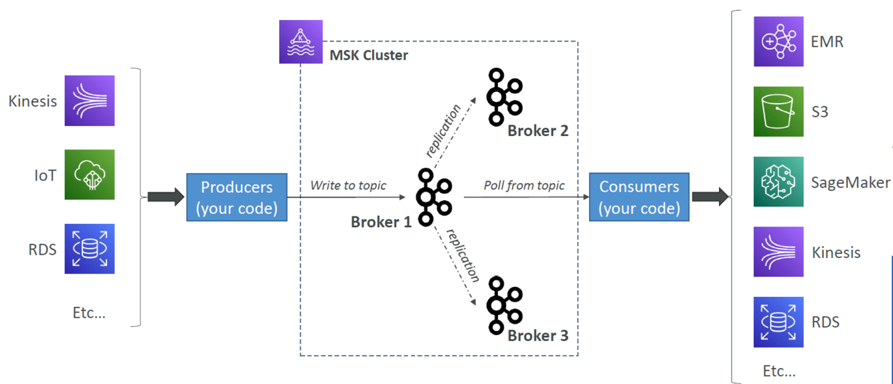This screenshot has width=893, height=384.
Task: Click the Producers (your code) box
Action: [236, 198]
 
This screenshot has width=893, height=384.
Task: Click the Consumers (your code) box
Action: [639, 197]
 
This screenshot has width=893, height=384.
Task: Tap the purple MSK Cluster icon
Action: [301, 42]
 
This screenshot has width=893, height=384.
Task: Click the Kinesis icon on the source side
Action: [90, 101]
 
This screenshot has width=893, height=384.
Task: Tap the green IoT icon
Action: [90, 175]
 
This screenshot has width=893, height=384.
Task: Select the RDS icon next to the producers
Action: [90, 249]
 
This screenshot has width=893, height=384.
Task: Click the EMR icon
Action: [779, 42]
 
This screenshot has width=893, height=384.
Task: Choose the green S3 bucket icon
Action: [779, 111]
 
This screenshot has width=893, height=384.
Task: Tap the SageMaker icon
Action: [779, 182]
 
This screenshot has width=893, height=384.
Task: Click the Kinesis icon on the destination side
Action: [779, 252]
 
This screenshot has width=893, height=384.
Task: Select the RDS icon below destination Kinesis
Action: [779, 322]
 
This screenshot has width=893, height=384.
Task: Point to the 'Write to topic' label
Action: [348, 186]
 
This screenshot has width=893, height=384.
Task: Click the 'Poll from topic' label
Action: [524, 186]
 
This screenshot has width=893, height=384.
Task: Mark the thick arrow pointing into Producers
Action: [165, 197]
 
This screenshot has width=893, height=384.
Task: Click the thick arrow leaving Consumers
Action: [710, 197]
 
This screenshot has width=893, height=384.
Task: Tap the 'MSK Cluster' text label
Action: [369, 56]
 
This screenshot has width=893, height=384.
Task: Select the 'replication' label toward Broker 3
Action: [463, 255]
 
